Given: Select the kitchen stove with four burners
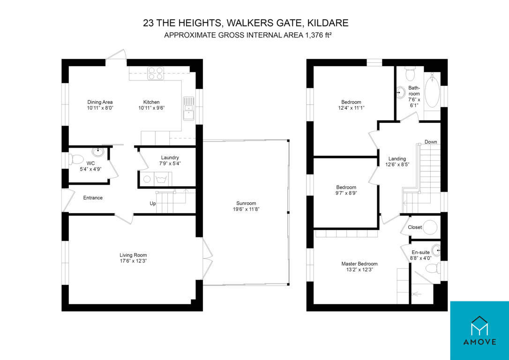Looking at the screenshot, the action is [156, 73].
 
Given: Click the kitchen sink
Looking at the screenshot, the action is [188, 108].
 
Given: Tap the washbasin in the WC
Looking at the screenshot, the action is [98, 151].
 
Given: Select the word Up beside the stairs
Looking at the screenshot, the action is [153, 203].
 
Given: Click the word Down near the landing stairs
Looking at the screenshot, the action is [431, 142].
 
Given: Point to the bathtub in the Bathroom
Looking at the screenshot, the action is [432, 90].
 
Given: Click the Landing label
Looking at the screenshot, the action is [397, 159].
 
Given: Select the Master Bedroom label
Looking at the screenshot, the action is [359, 264].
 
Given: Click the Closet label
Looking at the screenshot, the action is [415, 227].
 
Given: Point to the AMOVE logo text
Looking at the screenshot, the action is [479, 342].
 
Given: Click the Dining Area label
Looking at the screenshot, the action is [100, 102].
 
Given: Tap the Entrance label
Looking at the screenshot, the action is [93, 198].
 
